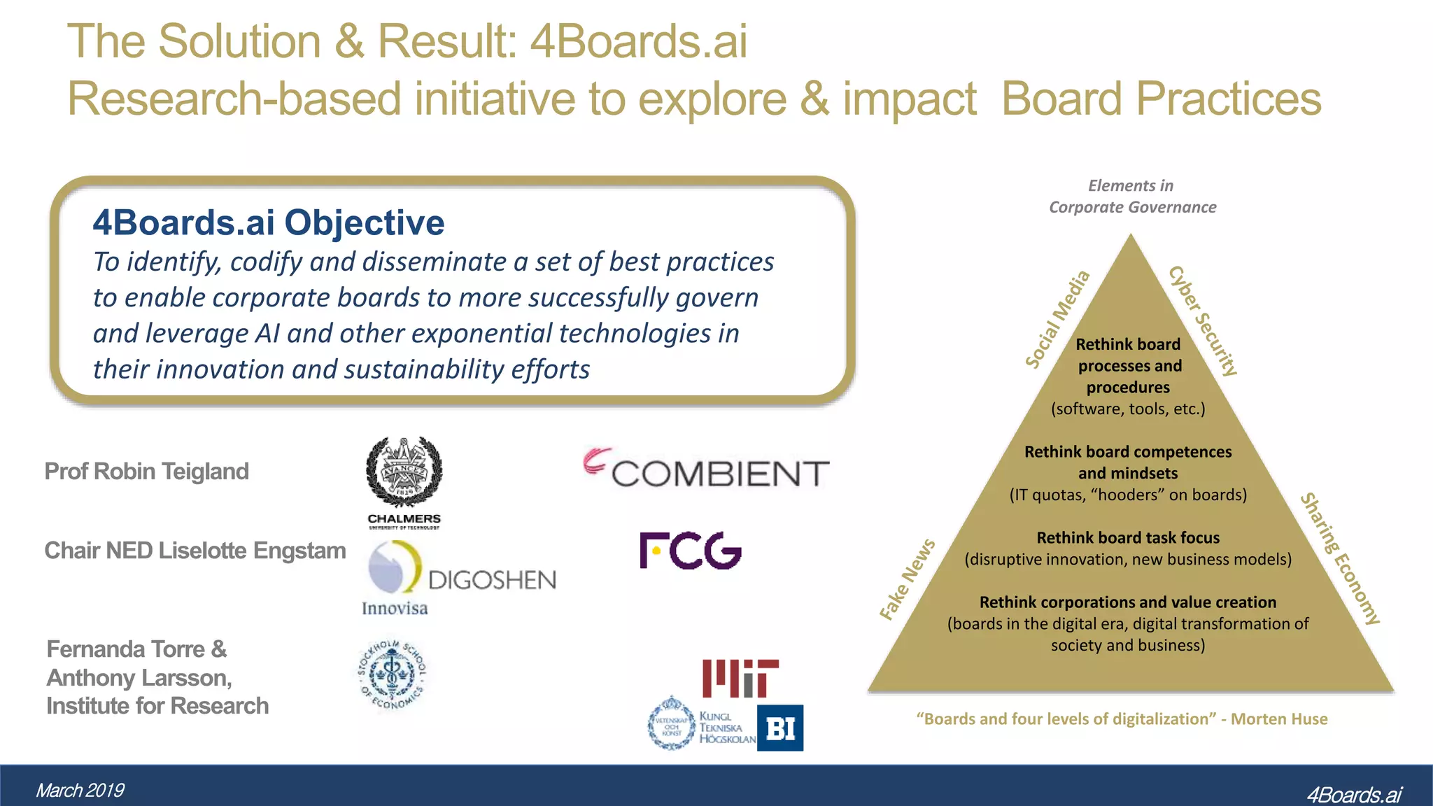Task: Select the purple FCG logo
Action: tap(690, 551)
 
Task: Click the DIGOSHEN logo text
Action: tap(492, 580)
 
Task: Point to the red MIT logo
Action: tap(740, 677)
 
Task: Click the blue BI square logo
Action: tap(780, 728)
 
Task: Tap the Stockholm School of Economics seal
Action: tap(392, 673)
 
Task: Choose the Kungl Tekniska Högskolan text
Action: tap(727, 728)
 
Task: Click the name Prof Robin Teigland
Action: tap(146, 472)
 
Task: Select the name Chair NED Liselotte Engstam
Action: tap(195, 551)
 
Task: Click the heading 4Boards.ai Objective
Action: tap(268, 222)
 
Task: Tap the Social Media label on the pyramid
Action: tap(1057, 319)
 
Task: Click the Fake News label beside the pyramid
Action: tap(907, 580)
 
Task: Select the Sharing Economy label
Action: tap(1340, 558)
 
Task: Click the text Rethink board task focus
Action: tap(1127, 537)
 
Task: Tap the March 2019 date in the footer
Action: tap(80, 791)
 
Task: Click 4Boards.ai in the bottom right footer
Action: tap(1353, 794)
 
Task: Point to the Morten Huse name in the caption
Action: tap(1278, 719)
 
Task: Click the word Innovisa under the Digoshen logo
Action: tap(395, 608)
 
